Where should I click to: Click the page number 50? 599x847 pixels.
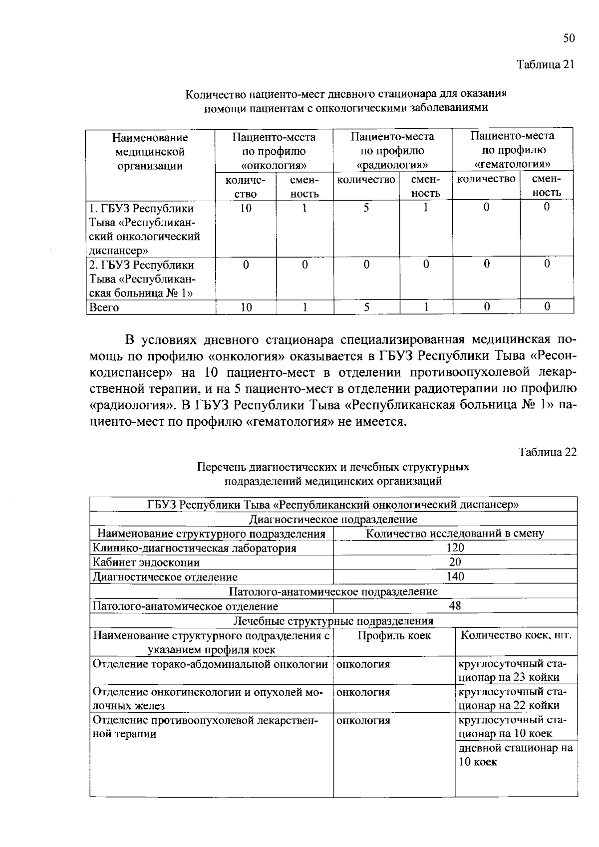[569, 39]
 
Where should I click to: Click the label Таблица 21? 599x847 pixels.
[546, 65]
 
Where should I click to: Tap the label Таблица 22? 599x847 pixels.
[547, 452]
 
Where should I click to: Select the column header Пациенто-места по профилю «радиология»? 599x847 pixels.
[392, 150]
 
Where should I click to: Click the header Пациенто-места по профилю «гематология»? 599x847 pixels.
[512, 150]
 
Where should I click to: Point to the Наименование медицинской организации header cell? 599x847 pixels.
[150, 151]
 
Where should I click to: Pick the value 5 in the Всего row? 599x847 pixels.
[366, 307]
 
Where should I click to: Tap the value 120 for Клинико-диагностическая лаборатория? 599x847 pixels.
[455, 548]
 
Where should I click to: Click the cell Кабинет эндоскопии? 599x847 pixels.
[146, 563]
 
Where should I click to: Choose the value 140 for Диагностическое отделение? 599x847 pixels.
[455, 577]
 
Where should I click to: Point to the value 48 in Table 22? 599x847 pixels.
[455, 606]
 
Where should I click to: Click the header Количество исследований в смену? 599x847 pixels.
[455, 533]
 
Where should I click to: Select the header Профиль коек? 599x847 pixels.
[394, 635]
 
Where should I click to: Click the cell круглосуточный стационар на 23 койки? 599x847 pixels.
[516, 670]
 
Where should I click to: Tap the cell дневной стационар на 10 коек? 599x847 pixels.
[516, 755]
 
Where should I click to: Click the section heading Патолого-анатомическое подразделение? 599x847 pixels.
[333, 591]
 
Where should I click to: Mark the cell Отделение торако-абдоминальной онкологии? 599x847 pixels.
[210, 664]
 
